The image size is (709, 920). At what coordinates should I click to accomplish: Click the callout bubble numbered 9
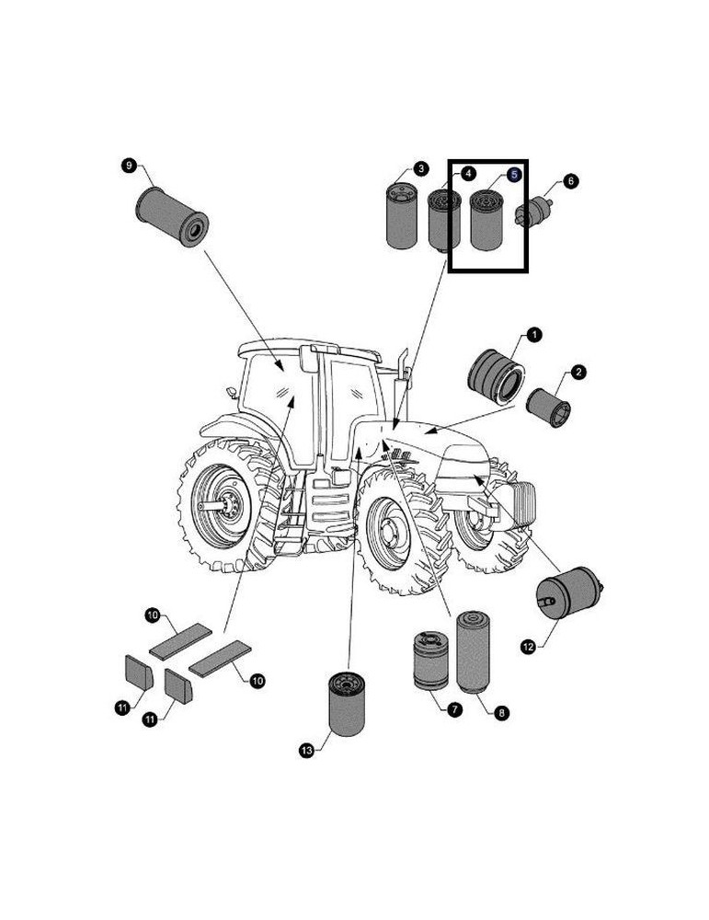pos(129,165)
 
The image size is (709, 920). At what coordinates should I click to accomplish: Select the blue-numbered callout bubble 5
pos(514,173)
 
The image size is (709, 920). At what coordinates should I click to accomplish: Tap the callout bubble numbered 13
pos(307,752)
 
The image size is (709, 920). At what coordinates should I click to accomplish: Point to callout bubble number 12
pos(528,647)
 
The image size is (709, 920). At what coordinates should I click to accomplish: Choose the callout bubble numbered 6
pos(571,181)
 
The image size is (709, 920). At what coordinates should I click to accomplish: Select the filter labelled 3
pos(401,217)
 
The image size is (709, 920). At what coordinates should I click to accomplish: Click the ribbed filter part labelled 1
pos(496,374)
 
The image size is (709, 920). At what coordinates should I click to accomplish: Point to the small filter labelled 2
pos(548,406)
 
